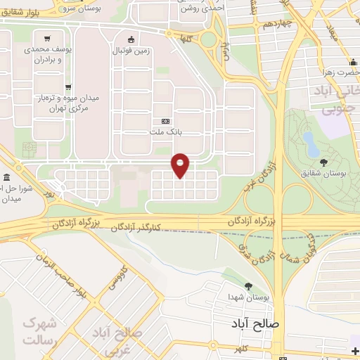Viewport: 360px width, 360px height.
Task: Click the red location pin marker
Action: (x=181, y=165)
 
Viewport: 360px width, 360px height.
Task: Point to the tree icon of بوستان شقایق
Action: (x=323, y=162)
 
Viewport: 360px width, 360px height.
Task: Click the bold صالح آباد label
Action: (x=255, y=324)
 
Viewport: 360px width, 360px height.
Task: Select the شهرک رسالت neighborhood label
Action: (x=39, y=331)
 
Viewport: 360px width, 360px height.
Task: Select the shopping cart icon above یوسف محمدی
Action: (x=46, y=39)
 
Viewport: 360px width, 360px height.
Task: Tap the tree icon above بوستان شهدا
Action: (x=248, y=285)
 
